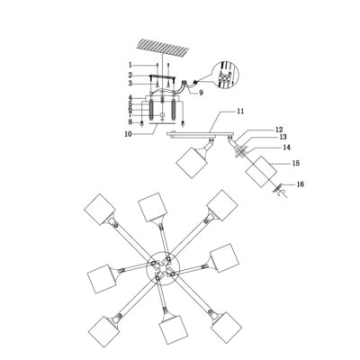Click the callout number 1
pyautogui.click(x=130, y=65)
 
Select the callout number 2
pyautogui.click(x=130, y=75)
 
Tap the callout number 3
pyautogui.click(x=130, y=84)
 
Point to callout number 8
pyautogui.click(x=130, y=122)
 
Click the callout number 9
pyautogui.click(x=201, y=93)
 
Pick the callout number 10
pyautogui.click(x=128, y=134)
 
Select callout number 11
pyautogui.click(x=240, y=112)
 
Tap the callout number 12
pyautogui.click(x=279, y=130)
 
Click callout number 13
pyautogui.click(x=283, y=137)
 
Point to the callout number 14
pyautogui.click(x=286, y=148)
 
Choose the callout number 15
pyautogui.click(x=296, y=163)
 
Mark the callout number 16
pyautogui.click(x=300, y=184)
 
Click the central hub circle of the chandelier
pyautogui.click(x=162, y=267)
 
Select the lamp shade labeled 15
pyautogui.click(x=261, y=172)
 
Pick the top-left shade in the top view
pyautogui.click(x=100, y=209)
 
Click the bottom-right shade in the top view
pyautogui.click(x=226, y=328)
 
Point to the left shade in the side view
pyautogui.click(x=192, y=163)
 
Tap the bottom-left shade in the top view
pyautogui.click(x=104, y=331)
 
